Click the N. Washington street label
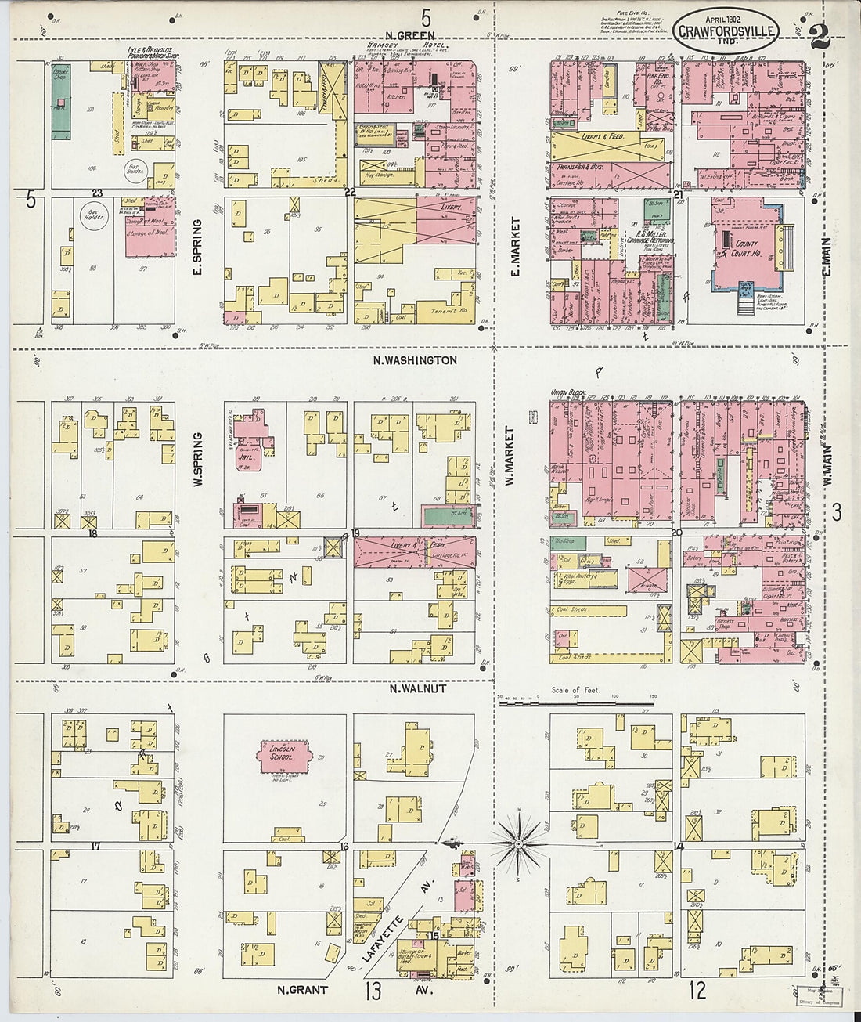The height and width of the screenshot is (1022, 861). [415, 360]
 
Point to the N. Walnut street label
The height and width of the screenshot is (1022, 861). [419, 688]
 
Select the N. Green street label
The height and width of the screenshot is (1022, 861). [410, 35]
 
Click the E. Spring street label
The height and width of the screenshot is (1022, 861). [197, 247]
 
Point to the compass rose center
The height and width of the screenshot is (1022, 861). [519, 844]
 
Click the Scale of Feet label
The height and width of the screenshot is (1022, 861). [575, 690]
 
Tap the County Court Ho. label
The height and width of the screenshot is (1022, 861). [746, 248]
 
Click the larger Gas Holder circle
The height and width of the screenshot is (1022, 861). [94, 216]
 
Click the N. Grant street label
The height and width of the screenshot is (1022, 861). [303, 989]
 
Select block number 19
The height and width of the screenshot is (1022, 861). [355, 533]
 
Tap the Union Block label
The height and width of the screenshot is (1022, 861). [564, 392]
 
